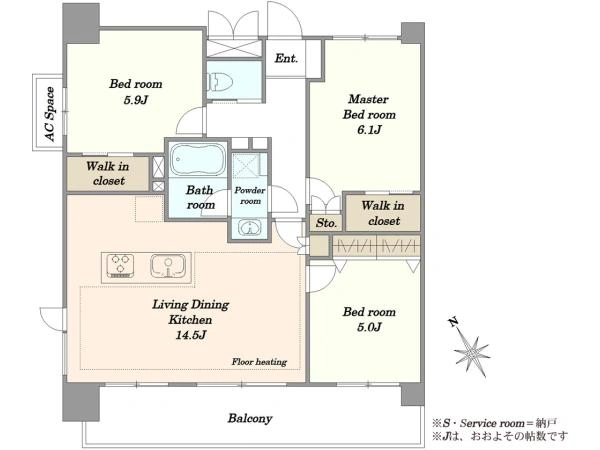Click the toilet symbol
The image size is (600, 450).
click(220, 82)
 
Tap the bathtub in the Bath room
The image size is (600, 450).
click(198, 159)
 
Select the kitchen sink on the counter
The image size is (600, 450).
click(168, 266)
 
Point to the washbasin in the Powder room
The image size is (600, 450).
click(249, 228)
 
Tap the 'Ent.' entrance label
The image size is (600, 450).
click(286, 59)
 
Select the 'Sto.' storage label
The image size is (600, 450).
click(326, 223)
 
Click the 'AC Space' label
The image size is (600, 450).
click(50, 114)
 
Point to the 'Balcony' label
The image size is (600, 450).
click(250, 418)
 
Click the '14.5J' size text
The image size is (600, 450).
click(191, 335)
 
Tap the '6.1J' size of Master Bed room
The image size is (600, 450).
click(369, 130)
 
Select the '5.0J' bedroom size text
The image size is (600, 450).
click(369, 327)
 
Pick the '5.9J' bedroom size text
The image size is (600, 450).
click(136, 100)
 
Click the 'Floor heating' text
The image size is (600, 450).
click(259, 362)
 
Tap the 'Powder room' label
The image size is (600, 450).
click(250, 196)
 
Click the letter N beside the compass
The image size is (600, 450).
click(454, 322)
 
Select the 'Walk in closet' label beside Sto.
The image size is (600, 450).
click(383, 213)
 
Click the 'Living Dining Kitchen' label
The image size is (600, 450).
click(191, 312)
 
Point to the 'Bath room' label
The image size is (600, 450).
click(200, 197)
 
